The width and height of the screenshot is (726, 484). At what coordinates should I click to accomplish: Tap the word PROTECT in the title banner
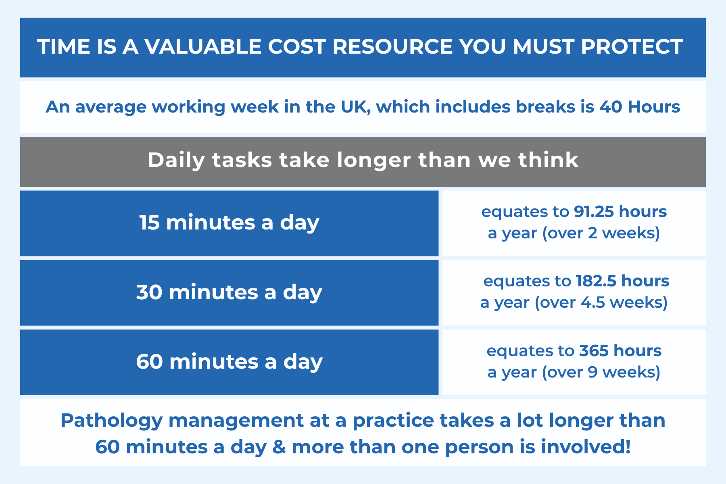point(632,46)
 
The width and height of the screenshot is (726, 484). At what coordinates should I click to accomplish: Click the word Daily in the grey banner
point(176,160)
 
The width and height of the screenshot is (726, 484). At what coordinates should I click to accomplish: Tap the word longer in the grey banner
point(374,161)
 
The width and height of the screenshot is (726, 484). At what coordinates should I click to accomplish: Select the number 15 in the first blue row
point(149,223)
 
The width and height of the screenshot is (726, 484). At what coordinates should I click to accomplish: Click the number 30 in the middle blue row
point(149,292)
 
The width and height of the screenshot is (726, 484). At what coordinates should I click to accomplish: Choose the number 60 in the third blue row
point(149,362)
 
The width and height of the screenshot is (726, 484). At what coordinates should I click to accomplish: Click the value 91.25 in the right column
point(594,211)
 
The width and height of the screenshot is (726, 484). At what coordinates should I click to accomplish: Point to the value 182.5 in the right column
point(596,281)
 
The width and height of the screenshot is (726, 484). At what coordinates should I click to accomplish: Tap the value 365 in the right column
point(594,350)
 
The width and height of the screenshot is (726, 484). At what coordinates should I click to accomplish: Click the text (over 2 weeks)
point(601,233)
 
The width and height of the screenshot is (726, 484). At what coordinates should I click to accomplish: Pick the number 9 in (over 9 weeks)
point(592,372)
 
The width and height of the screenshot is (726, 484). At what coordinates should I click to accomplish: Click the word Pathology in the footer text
point(111,421)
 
